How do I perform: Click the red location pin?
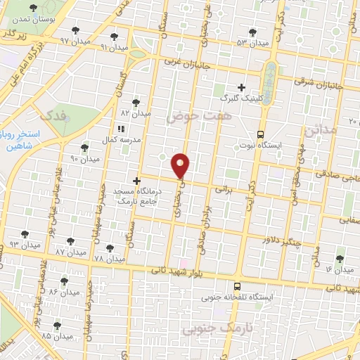point(181,165)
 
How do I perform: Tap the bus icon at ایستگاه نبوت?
point(261,134)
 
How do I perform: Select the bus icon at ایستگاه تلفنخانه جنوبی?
point(237,286)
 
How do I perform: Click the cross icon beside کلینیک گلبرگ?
point(241,88)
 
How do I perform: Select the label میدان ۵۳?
point(252,43)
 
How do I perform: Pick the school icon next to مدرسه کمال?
point(121,129)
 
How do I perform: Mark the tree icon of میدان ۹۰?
point(85,148)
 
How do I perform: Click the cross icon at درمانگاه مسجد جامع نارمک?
point(137,181)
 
